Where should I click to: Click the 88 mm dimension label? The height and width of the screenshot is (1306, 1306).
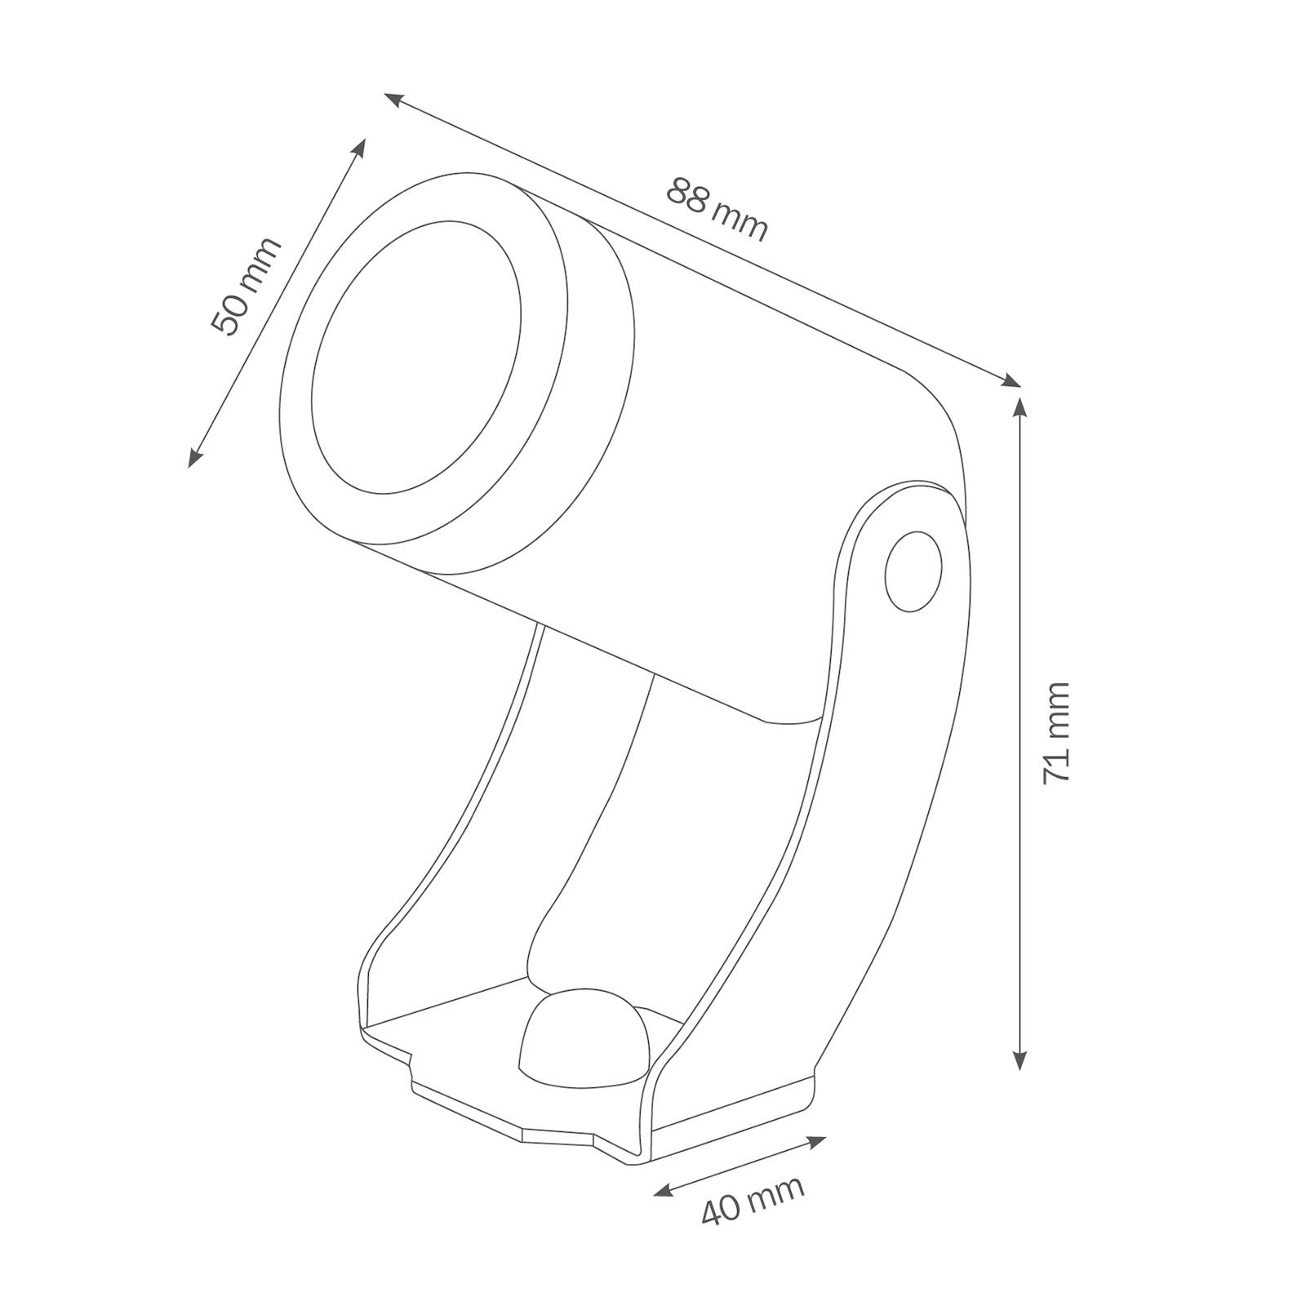click(x=717, y=210)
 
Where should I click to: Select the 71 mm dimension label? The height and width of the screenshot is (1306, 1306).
click(x=1057, y=732)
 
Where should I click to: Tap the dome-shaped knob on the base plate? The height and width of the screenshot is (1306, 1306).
click(x=584, y=1038)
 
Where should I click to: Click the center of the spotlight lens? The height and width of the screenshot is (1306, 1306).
click(x=415, y=357)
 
